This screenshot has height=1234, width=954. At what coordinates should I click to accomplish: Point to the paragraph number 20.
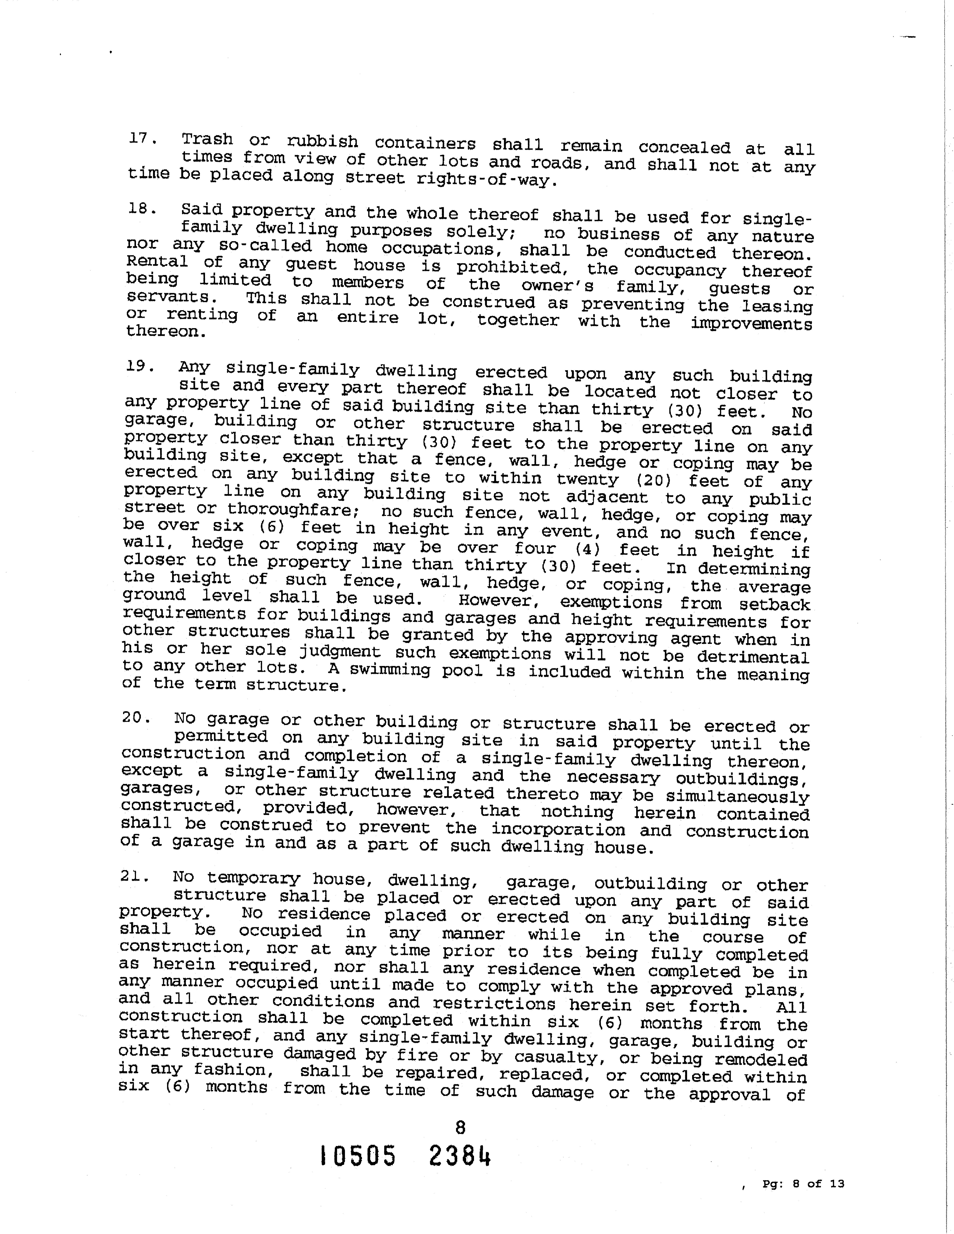click(x=136, y=718)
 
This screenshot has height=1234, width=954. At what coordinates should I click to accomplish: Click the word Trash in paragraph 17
click(x=207, y=139)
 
